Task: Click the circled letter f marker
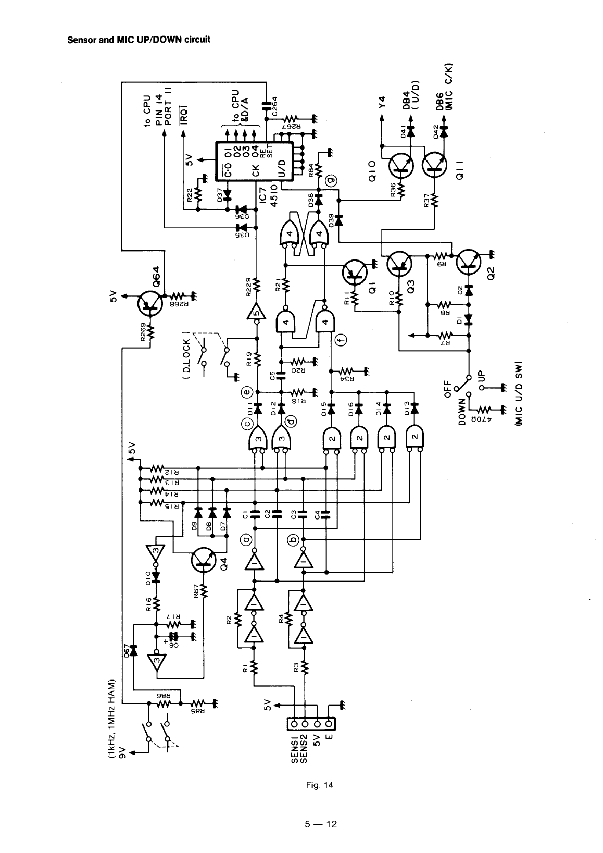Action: click(x=341, y=340)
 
